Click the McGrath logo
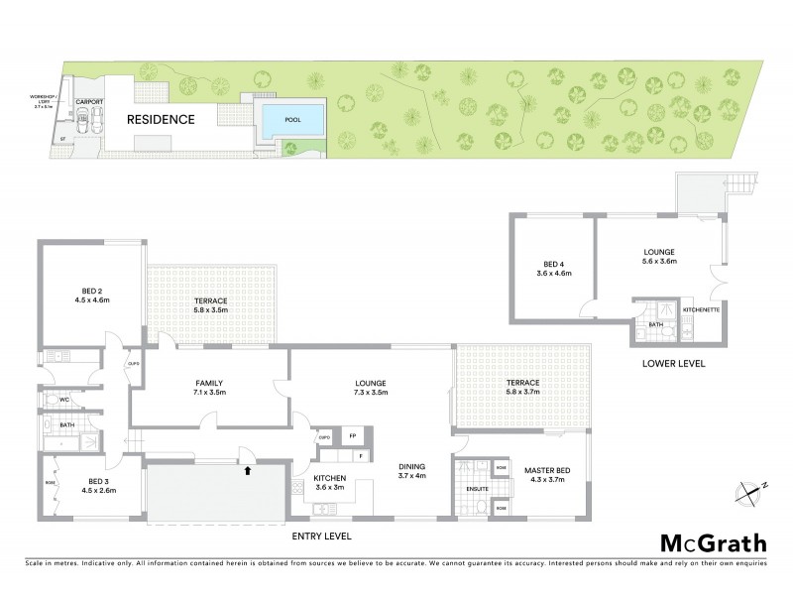713,542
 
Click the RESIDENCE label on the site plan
160,119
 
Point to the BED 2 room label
90,289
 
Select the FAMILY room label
207,383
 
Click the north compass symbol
746,488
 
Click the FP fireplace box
351,436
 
